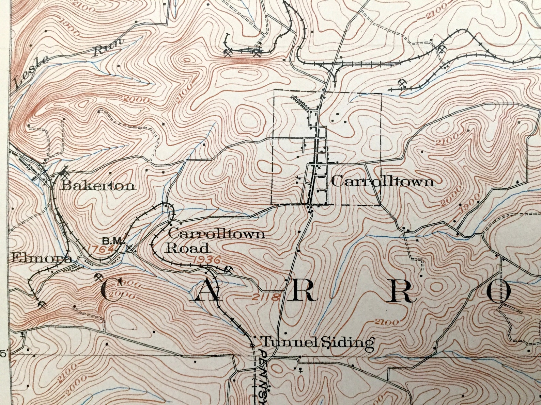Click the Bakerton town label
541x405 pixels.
[98, 186]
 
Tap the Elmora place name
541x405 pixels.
[42, 258]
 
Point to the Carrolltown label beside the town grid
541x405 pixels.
[383, 182]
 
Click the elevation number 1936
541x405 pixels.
[207, 260]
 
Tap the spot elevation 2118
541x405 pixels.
[267, 297]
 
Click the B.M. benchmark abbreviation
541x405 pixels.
[112, 241]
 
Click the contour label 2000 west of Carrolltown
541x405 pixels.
[136, 100]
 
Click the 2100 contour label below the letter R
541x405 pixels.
[386, 322]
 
